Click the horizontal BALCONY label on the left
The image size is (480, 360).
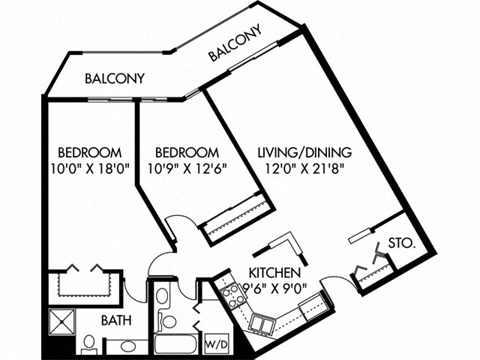(115, 78)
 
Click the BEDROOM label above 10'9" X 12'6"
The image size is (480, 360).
(189, 152)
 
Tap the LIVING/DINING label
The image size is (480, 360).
(305, 152)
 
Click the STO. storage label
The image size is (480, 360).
(402, 243)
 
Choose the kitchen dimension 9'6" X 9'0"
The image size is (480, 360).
(264, 289)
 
